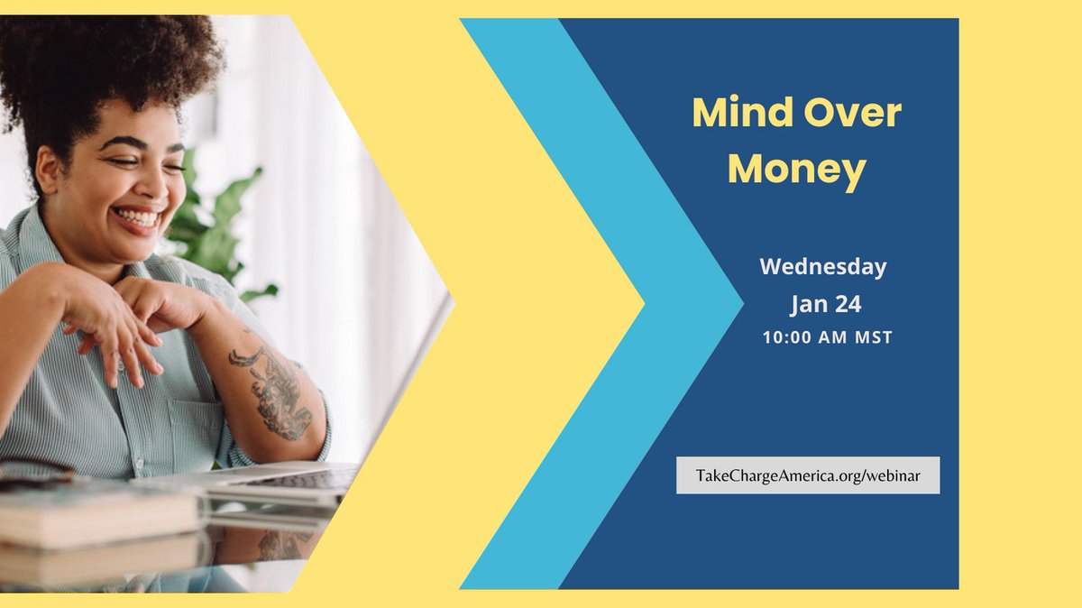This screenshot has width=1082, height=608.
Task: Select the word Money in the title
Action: (x=796, y=169)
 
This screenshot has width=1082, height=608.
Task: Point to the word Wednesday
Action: (x=822, y=267)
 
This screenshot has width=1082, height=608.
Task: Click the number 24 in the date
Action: (x=846, y=305)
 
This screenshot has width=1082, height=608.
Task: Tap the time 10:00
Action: (x=789, y=338)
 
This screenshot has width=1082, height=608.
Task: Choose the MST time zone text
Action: (x=873, y=338)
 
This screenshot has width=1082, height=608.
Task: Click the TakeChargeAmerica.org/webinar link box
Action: (x=808, y=475)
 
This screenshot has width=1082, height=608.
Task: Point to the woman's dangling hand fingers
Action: (x=113, y=347)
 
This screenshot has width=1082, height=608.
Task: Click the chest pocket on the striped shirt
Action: (x=194, y=424)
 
